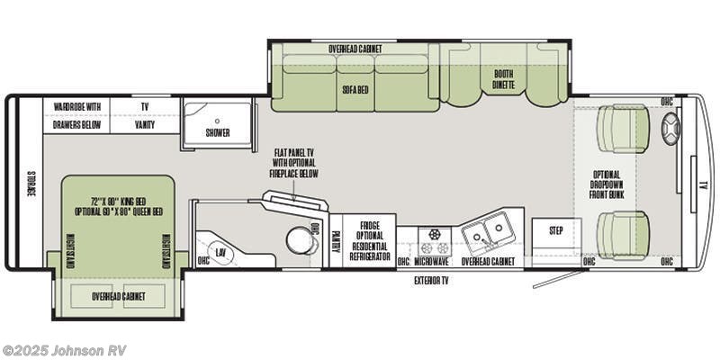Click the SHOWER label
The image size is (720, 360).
[218, 132]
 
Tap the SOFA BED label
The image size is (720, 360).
[353, 90]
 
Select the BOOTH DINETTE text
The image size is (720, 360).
[504, 78]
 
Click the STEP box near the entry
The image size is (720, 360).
[556, 230]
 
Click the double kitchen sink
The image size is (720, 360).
[487, 233]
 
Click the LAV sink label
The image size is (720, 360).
[220, 254]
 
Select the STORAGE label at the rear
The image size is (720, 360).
[30, 183]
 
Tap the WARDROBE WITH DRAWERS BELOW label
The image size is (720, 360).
[76, 115]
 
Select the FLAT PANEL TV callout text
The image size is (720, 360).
[294, 162]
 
